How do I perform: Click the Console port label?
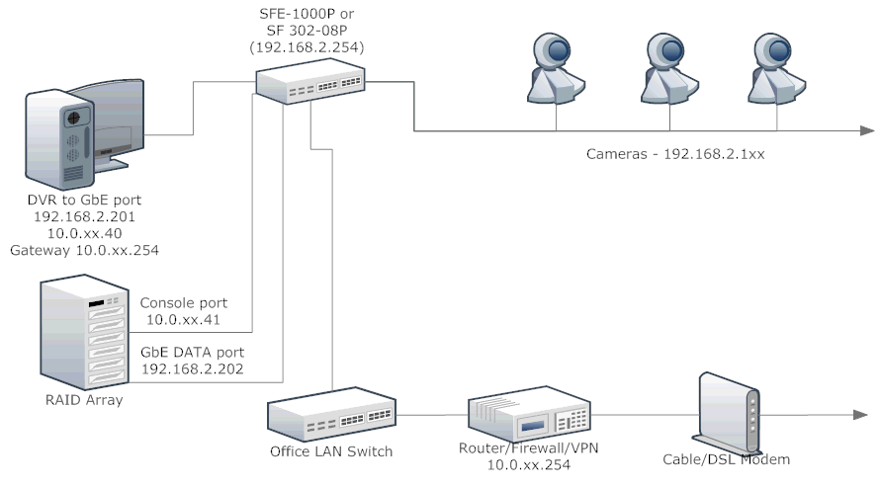[x=187, y=302]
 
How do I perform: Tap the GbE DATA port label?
[x=193, y=352]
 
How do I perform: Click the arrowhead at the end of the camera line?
[x=866, y=130]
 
